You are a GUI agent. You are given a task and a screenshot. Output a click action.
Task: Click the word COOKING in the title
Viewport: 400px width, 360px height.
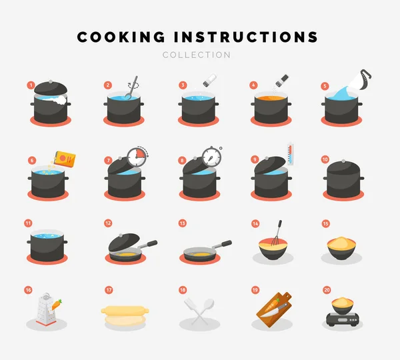(121, 37)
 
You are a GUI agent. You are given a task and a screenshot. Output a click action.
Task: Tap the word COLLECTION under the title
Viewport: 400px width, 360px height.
(197, 55)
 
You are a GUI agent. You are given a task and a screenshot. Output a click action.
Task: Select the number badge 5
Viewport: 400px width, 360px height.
(325, 86)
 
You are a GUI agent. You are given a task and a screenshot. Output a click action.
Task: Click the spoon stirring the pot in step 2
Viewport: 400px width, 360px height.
(132, 88)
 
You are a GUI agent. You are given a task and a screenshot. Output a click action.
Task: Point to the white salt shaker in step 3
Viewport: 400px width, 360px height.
(210, 80)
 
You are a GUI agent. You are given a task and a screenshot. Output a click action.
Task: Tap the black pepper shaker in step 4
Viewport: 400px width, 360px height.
(282, 80)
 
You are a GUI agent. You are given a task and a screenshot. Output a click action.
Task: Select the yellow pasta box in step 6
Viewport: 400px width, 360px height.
(65, 159)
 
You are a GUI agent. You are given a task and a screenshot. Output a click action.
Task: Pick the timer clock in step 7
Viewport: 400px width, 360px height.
(137, 157)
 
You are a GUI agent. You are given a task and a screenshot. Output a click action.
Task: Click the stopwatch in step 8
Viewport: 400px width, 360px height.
(212, 156)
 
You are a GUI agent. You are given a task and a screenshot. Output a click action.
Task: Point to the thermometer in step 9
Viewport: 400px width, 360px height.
(290, 155)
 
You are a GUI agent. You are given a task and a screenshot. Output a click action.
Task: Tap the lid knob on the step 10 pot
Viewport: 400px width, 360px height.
(343, 161)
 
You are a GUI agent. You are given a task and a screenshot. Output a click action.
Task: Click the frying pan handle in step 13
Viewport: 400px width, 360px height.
(222, 245)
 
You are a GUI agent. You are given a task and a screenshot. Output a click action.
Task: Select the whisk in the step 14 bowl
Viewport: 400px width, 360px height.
(277, 233)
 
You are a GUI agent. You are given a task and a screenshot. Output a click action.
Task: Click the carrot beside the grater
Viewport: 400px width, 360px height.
(57, 305)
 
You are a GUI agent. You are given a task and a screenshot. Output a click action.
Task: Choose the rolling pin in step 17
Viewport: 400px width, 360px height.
(125, 310)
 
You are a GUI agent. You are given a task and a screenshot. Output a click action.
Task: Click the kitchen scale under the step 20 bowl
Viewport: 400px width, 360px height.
(343, 319)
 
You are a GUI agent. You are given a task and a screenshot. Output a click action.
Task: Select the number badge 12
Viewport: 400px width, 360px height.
(108, 223)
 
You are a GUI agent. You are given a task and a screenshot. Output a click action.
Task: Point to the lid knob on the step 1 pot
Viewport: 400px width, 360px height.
(51, 81)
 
